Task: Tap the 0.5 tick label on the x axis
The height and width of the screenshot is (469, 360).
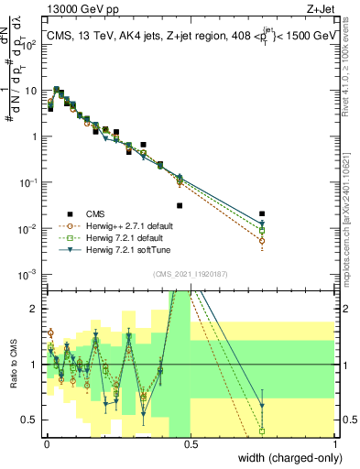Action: pyautogui.click(x=191, y=445)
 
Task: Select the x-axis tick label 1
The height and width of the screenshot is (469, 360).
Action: pyautogui.click(x=334, y=445)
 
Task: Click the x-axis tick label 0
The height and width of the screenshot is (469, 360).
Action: pyautogui.click(x=47, y=445)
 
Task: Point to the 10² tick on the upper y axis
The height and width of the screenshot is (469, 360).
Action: pyautogui.click(x=27, y=45)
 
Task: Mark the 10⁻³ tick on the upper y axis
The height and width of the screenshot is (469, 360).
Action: pyautogui.click(x=27, y=274)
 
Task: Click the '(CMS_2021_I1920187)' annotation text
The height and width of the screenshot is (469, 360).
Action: pyautogui.click(x=191, y=273)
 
